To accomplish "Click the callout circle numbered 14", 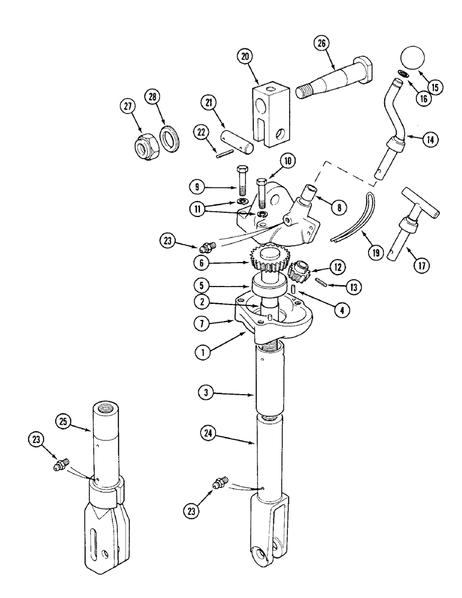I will [x=428, y=139].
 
